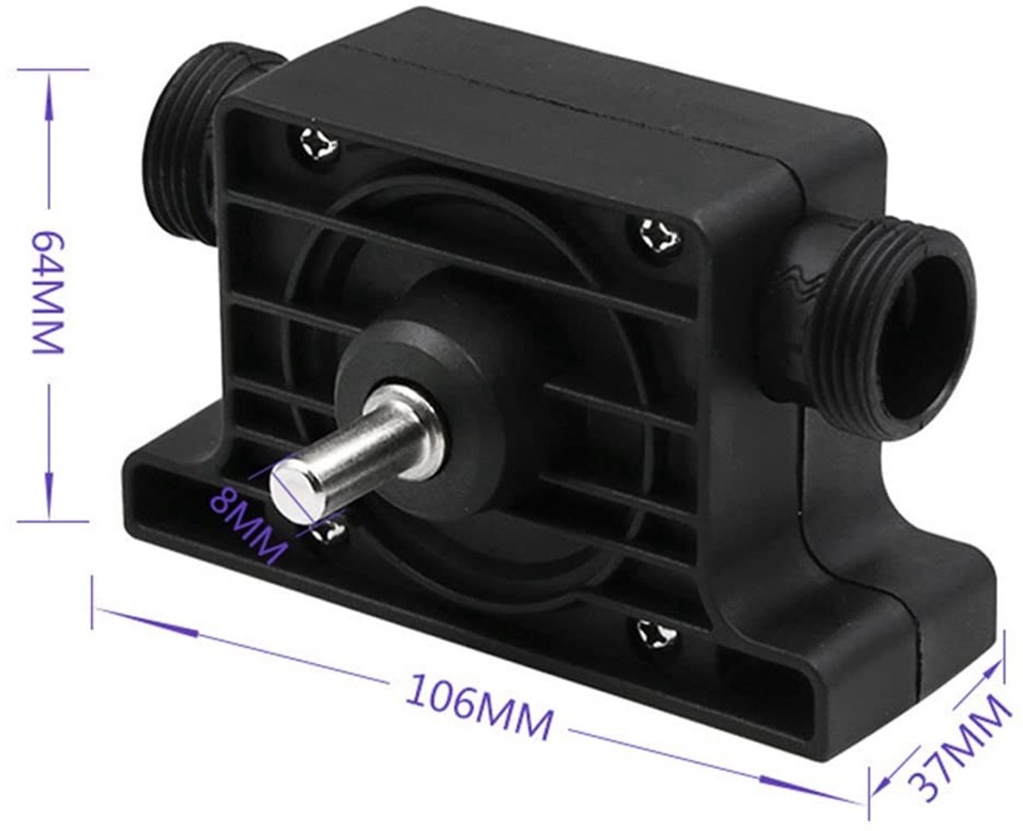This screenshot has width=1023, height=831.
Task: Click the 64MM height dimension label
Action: pyautogui.click(x=47, y=291)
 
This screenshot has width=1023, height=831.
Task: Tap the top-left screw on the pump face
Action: pyautogui.click(x=317, y=141)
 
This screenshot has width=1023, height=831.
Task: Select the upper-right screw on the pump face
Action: pyautogui.click(x=660, y=236)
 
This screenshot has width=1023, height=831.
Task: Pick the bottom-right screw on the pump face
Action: pyautogui.click(x=656, y=635)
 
